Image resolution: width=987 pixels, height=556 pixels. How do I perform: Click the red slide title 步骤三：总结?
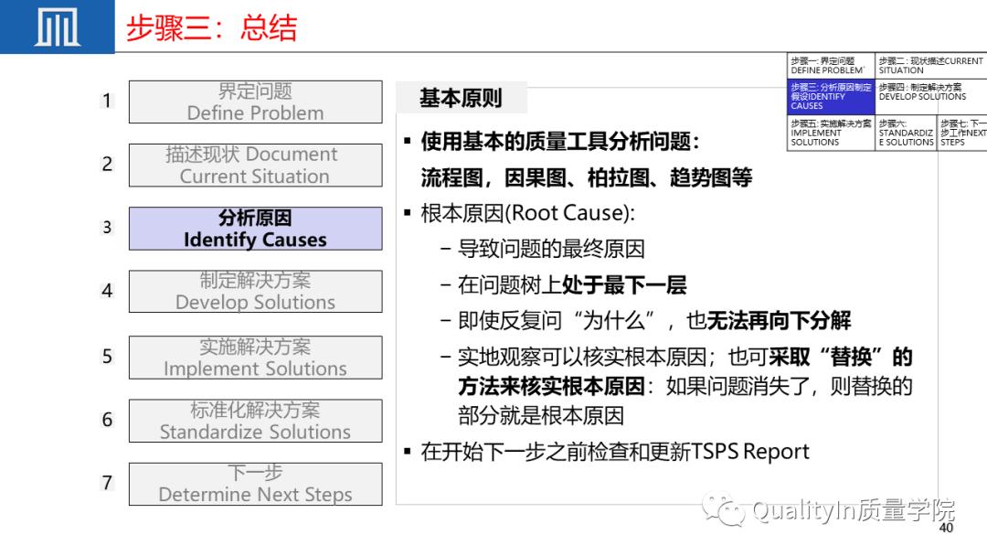(211, 28)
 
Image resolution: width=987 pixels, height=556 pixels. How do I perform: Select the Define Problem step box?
(255, 102)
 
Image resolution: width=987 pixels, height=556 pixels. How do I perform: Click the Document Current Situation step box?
(255, 165)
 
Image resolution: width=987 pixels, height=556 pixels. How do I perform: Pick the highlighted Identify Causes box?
(255, 229)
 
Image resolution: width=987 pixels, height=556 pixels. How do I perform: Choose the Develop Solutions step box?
(255, 291)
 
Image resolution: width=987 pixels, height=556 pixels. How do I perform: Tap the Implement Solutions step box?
(255, 358)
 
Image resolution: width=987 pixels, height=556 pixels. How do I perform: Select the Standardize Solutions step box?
(255, 421)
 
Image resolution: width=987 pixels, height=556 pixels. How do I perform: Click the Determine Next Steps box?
(255, 484)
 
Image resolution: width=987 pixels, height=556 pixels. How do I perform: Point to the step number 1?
(107, 101)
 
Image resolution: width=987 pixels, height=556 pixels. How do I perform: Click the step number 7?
(107, 483)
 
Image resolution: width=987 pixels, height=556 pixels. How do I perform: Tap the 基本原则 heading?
(461, 99)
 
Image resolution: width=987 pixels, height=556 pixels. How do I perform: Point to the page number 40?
(946, 529)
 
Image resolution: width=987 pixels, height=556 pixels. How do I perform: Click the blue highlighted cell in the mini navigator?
(830, 96)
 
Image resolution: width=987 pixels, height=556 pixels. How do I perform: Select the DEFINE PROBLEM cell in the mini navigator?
(830, 66)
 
